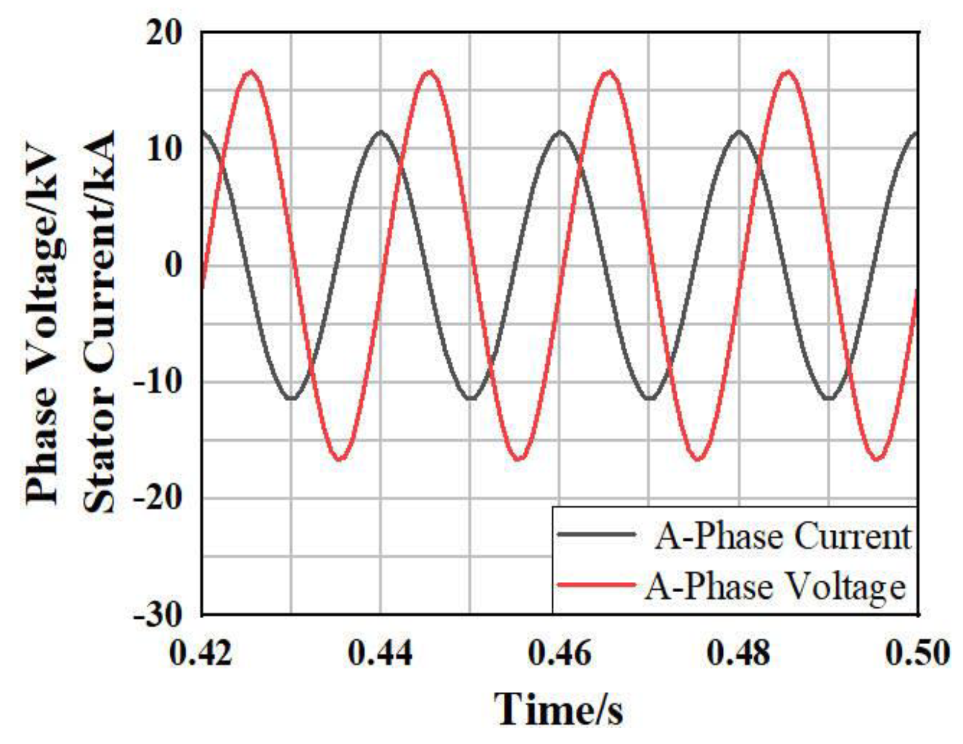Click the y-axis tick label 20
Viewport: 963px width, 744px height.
coord(164,34)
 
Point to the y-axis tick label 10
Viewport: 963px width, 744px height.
coord(164,149)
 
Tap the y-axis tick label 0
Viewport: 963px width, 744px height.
coord(174,266)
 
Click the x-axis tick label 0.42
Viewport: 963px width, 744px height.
coord(201,653)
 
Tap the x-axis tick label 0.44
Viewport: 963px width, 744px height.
coord(380,653)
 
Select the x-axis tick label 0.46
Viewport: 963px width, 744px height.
coord(560,653)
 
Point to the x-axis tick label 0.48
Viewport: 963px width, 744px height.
coord(739,653)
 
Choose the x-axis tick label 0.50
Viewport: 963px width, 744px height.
coord(917,653)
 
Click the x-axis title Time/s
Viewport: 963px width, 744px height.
coord(559,709)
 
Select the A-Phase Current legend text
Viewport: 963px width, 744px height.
coord(783,537)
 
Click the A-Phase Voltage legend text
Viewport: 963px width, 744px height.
coord(775,587)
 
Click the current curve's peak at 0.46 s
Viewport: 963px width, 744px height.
coord(560,132)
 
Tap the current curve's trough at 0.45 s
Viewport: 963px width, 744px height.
coord(471,398)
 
